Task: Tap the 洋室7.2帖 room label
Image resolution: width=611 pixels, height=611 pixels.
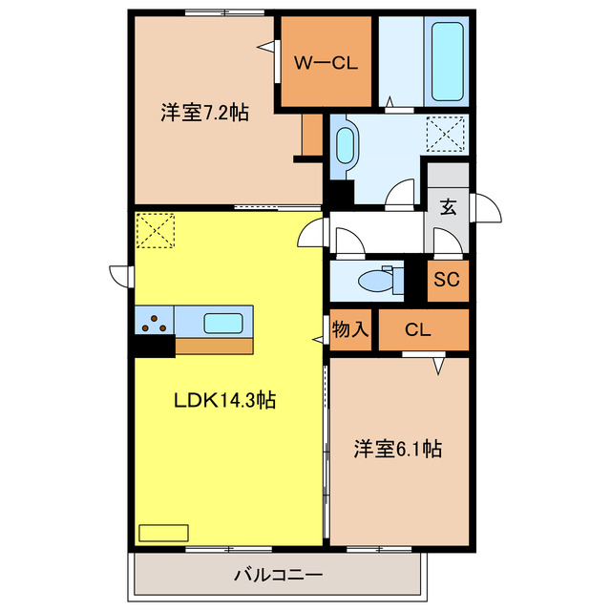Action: coord(203,113)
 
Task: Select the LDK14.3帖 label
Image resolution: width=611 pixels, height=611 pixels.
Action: coord(224,401)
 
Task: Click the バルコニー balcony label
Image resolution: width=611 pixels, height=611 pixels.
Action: coord(278,576)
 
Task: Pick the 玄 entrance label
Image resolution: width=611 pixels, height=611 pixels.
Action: coord(447,205)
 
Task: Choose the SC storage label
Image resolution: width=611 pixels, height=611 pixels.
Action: coord(447,281)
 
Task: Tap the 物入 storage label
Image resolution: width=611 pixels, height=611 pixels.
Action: coord(350,330)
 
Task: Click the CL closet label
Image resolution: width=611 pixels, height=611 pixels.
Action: coord(418,331)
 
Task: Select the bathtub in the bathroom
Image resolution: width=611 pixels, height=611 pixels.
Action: coord(449,59)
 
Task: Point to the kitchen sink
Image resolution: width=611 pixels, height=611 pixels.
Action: coord(227,323)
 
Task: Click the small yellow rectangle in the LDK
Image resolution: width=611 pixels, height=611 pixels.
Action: coord(164,533)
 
